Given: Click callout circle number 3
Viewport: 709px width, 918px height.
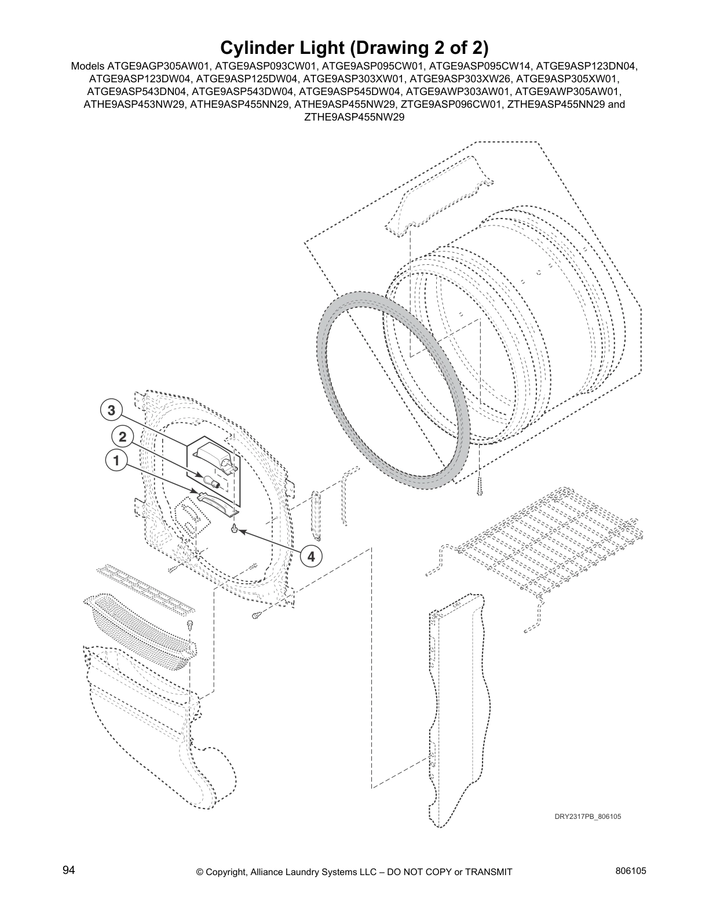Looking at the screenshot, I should [x=111, y=411].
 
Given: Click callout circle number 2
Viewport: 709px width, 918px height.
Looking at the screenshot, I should [x=122, y=436].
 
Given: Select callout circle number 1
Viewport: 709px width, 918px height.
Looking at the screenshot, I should [x=116, y=461].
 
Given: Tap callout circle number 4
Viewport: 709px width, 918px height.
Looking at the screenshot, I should [x=311, y=556].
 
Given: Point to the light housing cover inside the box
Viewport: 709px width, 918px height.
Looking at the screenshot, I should [x=216, y=454].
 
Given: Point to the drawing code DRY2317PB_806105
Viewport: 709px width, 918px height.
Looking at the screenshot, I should [x=587, y=817].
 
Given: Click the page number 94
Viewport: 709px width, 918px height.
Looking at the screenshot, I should [x=69, y=870].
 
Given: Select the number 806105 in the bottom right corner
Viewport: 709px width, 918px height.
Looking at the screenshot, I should [x=631, y=870].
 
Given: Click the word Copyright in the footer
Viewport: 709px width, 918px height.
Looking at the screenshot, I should [x=228, y=872].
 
